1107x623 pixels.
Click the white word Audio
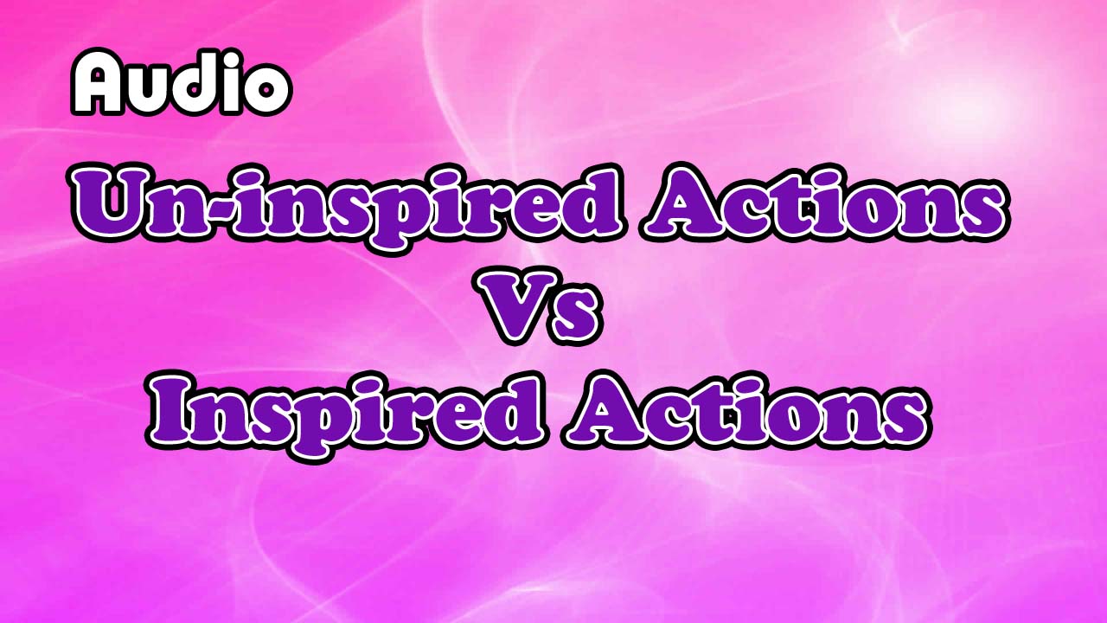pos(180,83)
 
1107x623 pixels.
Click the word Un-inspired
pos(347,206)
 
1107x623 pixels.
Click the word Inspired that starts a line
pos(346,410)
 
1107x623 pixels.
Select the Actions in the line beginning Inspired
pos(744,410)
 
